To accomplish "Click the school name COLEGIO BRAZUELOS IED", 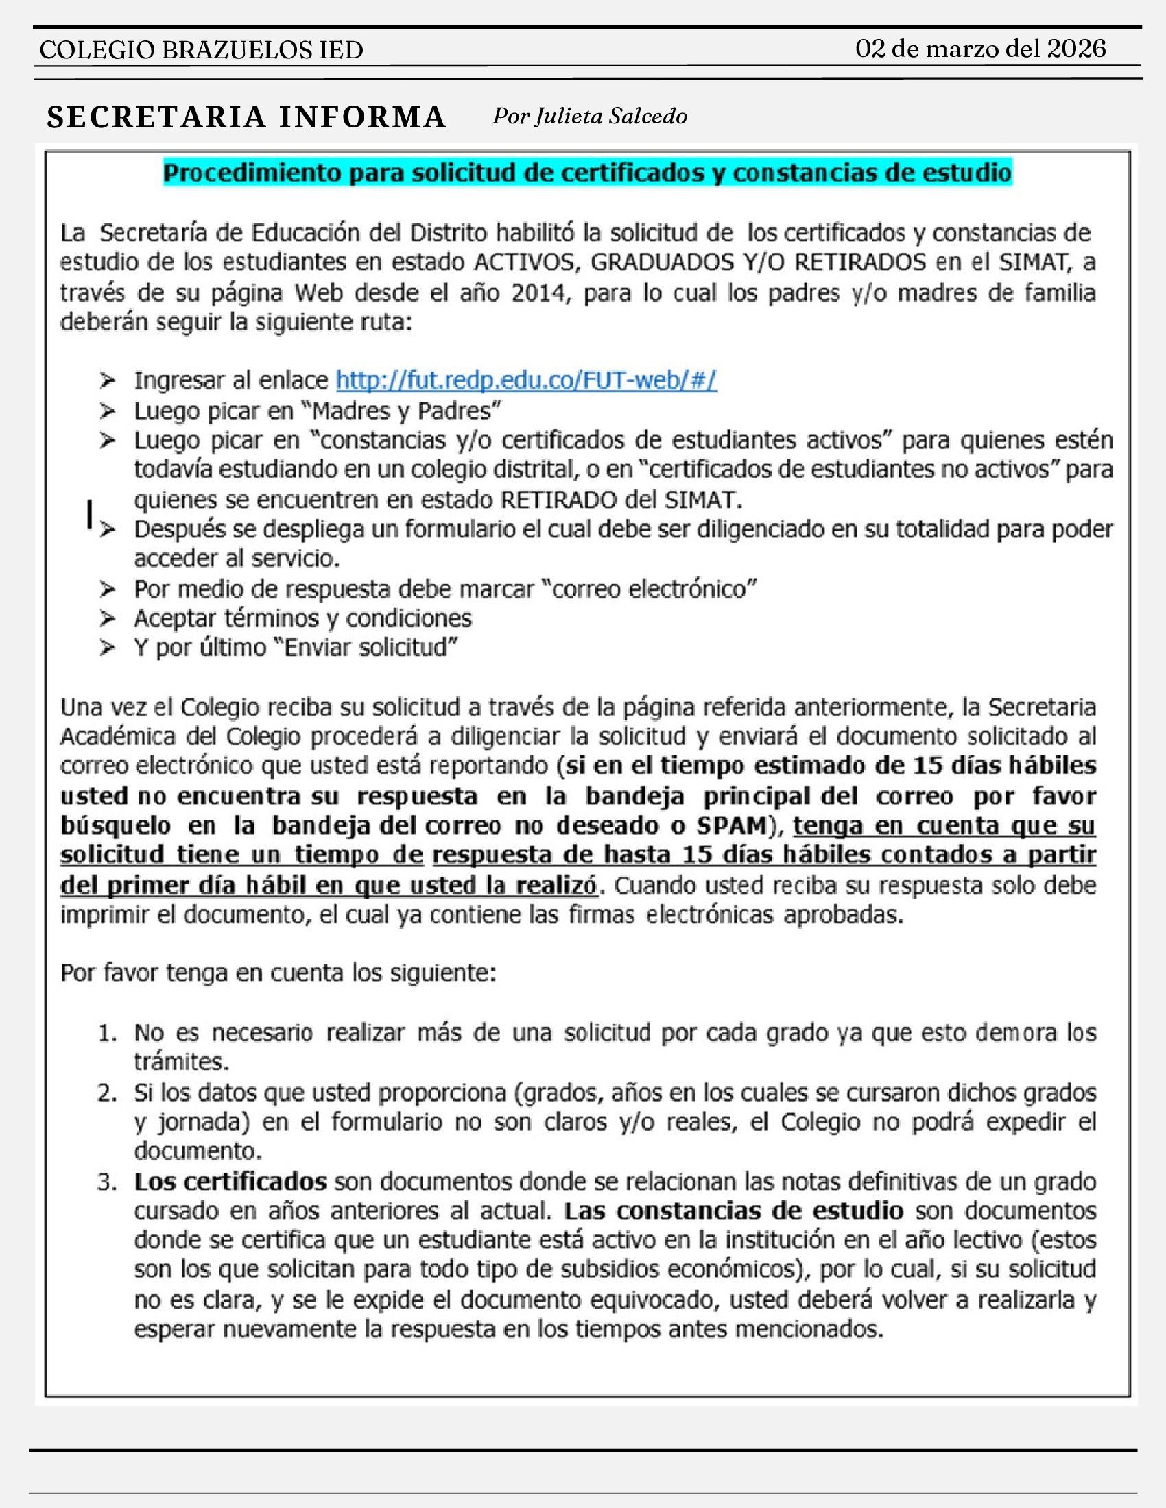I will pos(201,51).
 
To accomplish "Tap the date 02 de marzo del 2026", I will pos(980,49).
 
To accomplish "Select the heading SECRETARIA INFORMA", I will pos(247,117).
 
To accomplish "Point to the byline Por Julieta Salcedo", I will pos(589,116).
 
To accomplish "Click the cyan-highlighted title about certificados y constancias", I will pos(587,173).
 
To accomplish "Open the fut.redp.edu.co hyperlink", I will pos(526,380).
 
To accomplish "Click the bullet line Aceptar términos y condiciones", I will pos(302,618).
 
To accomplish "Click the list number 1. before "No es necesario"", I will pos(107,1034).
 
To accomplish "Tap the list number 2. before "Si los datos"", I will pos(107,1093).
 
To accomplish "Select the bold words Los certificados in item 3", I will pos(230,1182).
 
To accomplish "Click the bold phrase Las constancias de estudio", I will pos(734,1211).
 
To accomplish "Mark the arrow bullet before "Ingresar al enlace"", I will pos(107,380).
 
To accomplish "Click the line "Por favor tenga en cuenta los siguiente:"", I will pos(278,973).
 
